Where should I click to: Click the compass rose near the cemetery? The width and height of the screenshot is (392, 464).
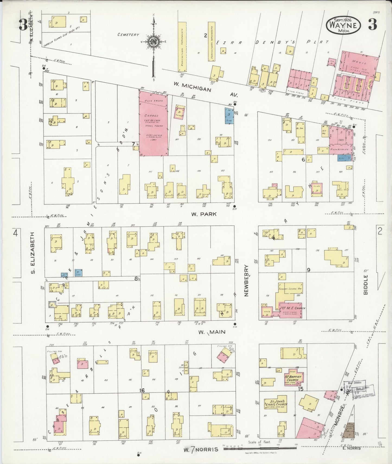click(x=154, y=42)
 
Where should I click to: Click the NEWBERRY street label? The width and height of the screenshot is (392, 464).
click(x=247, y=281)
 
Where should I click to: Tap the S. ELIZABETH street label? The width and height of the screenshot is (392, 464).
click(x=33, y=253)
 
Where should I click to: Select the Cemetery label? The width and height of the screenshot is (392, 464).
click(x=128, y=35)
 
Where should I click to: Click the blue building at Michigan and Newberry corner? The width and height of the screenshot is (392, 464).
click(x=229, y=116)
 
